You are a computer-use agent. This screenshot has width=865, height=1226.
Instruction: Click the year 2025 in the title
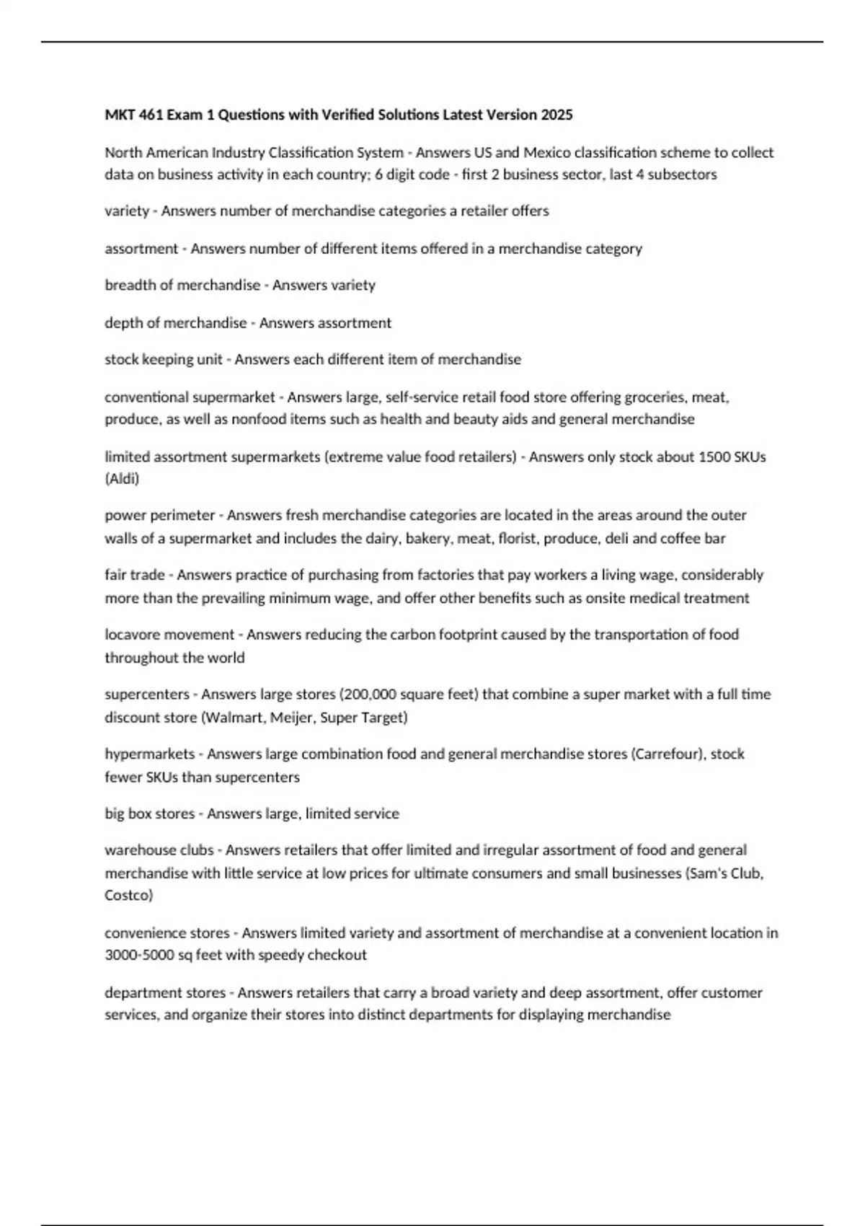(557, 115)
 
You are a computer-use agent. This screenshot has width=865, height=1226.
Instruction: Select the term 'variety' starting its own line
(127, 211)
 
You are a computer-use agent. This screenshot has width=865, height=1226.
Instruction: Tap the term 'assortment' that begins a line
(141, 248)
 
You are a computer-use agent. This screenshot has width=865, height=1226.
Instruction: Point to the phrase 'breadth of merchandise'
(182, 285)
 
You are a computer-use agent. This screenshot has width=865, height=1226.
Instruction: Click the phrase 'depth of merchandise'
(176, 322)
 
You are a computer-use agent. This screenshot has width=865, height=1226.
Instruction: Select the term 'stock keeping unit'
(164, 359)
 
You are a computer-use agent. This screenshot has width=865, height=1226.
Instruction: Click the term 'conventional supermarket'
(190, 397)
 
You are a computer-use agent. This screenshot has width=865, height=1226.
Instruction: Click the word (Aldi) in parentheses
(122, 478)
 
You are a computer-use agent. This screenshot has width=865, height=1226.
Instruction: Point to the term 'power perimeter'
(160, 515)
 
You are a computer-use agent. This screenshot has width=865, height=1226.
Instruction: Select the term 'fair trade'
(135, 575)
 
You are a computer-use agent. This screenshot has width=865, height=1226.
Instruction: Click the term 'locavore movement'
(169, 635)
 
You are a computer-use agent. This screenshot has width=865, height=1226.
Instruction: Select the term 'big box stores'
(149, 813)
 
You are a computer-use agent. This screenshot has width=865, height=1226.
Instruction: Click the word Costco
(128, 895)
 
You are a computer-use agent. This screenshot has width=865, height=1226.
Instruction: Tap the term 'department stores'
(165, 992)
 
